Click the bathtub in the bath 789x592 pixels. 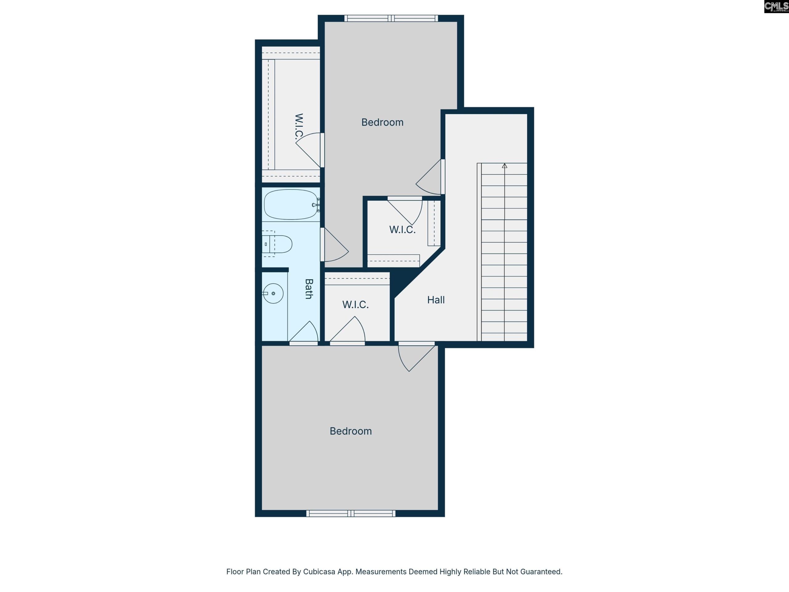(x=291, y=204)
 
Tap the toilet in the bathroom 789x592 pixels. (x=277, y=244)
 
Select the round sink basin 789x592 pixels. (x=274, y=293)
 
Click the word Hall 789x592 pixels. (x=436, y=300)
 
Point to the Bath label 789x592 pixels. (x=309, y=289)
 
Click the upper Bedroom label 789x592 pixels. (x=382, y=122)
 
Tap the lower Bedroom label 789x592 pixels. (x=351, y=431)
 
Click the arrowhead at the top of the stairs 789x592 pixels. (x=504, y=166)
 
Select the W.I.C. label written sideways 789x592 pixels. (x=299, y=126)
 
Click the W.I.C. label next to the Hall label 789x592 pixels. (x=355, y=304)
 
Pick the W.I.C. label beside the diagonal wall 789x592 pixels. (x=402, y=229)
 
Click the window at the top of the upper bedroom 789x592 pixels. (x=391, y=18)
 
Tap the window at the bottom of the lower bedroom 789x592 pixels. (x=351, y=513)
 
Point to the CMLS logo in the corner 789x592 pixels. (x=776, y=6)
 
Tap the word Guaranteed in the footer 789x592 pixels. (x=542, y=572)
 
